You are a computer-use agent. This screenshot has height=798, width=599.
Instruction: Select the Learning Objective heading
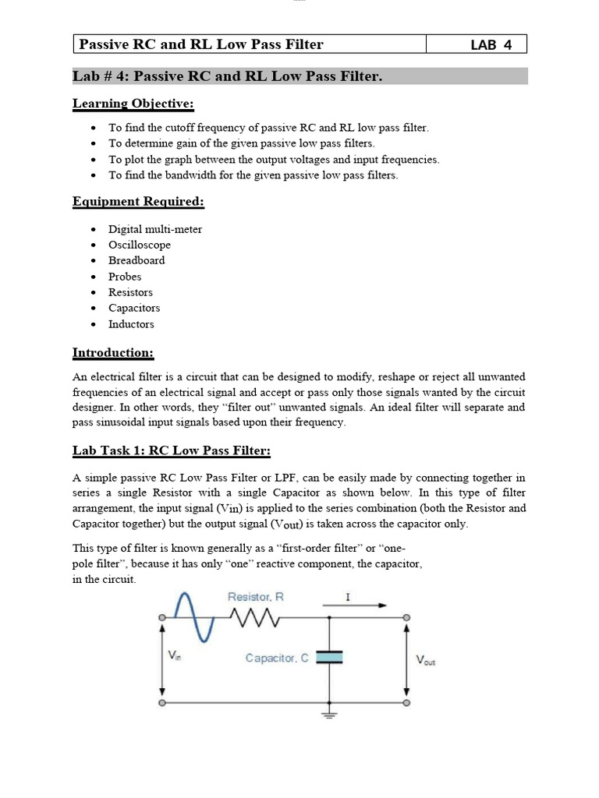[x=133, y=104]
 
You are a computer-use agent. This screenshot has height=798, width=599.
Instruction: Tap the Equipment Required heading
[x=138, y=202]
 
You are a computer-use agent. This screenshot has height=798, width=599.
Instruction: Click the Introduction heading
[x=113, y=352]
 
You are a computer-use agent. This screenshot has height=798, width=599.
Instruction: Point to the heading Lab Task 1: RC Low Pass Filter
[x=172, y=450]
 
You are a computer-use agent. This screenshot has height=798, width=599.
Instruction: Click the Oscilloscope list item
[x=140, y=245]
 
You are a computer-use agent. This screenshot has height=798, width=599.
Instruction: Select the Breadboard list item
[x=136, y=260]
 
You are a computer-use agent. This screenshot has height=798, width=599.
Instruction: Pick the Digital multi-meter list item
[x=155, y=229]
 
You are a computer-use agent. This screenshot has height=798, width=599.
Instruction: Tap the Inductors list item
[x=131, y=324]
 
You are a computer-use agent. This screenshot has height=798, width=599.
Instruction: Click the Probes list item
[x=125, y=277]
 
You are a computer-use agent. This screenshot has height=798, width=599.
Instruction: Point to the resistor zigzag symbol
[x=254, y=618]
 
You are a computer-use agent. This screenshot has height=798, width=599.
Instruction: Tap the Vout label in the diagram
[x=426, y=661]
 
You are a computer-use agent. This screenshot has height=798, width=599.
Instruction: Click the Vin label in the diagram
[x=175, y=657]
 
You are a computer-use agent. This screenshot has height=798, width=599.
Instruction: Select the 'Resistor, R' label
[x=256, y=597]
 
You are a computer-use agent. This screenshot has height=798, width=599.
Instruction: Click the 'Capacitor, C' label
[x=277, y=658]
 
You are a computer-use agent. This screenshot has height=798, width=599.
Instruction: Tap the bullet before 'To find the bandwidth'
[x=94, y=175]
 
